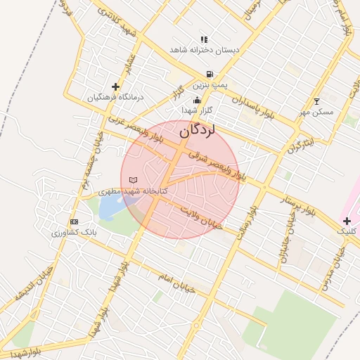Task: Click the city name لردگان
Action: [196, 130]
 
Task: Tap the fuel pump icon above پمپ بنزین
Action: [209, 74]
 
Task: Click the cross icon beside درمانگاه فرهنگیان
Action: [115, 86]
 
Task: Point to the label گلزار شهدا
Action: [197, 111]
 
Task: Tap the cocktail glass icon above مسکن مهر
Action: [316, 101]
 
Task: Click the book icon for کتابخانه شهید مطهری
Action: [134, 181]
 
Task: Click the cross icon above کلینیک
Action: [347, 221]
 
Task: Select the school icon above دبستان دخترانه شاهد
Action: [204, 40]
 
